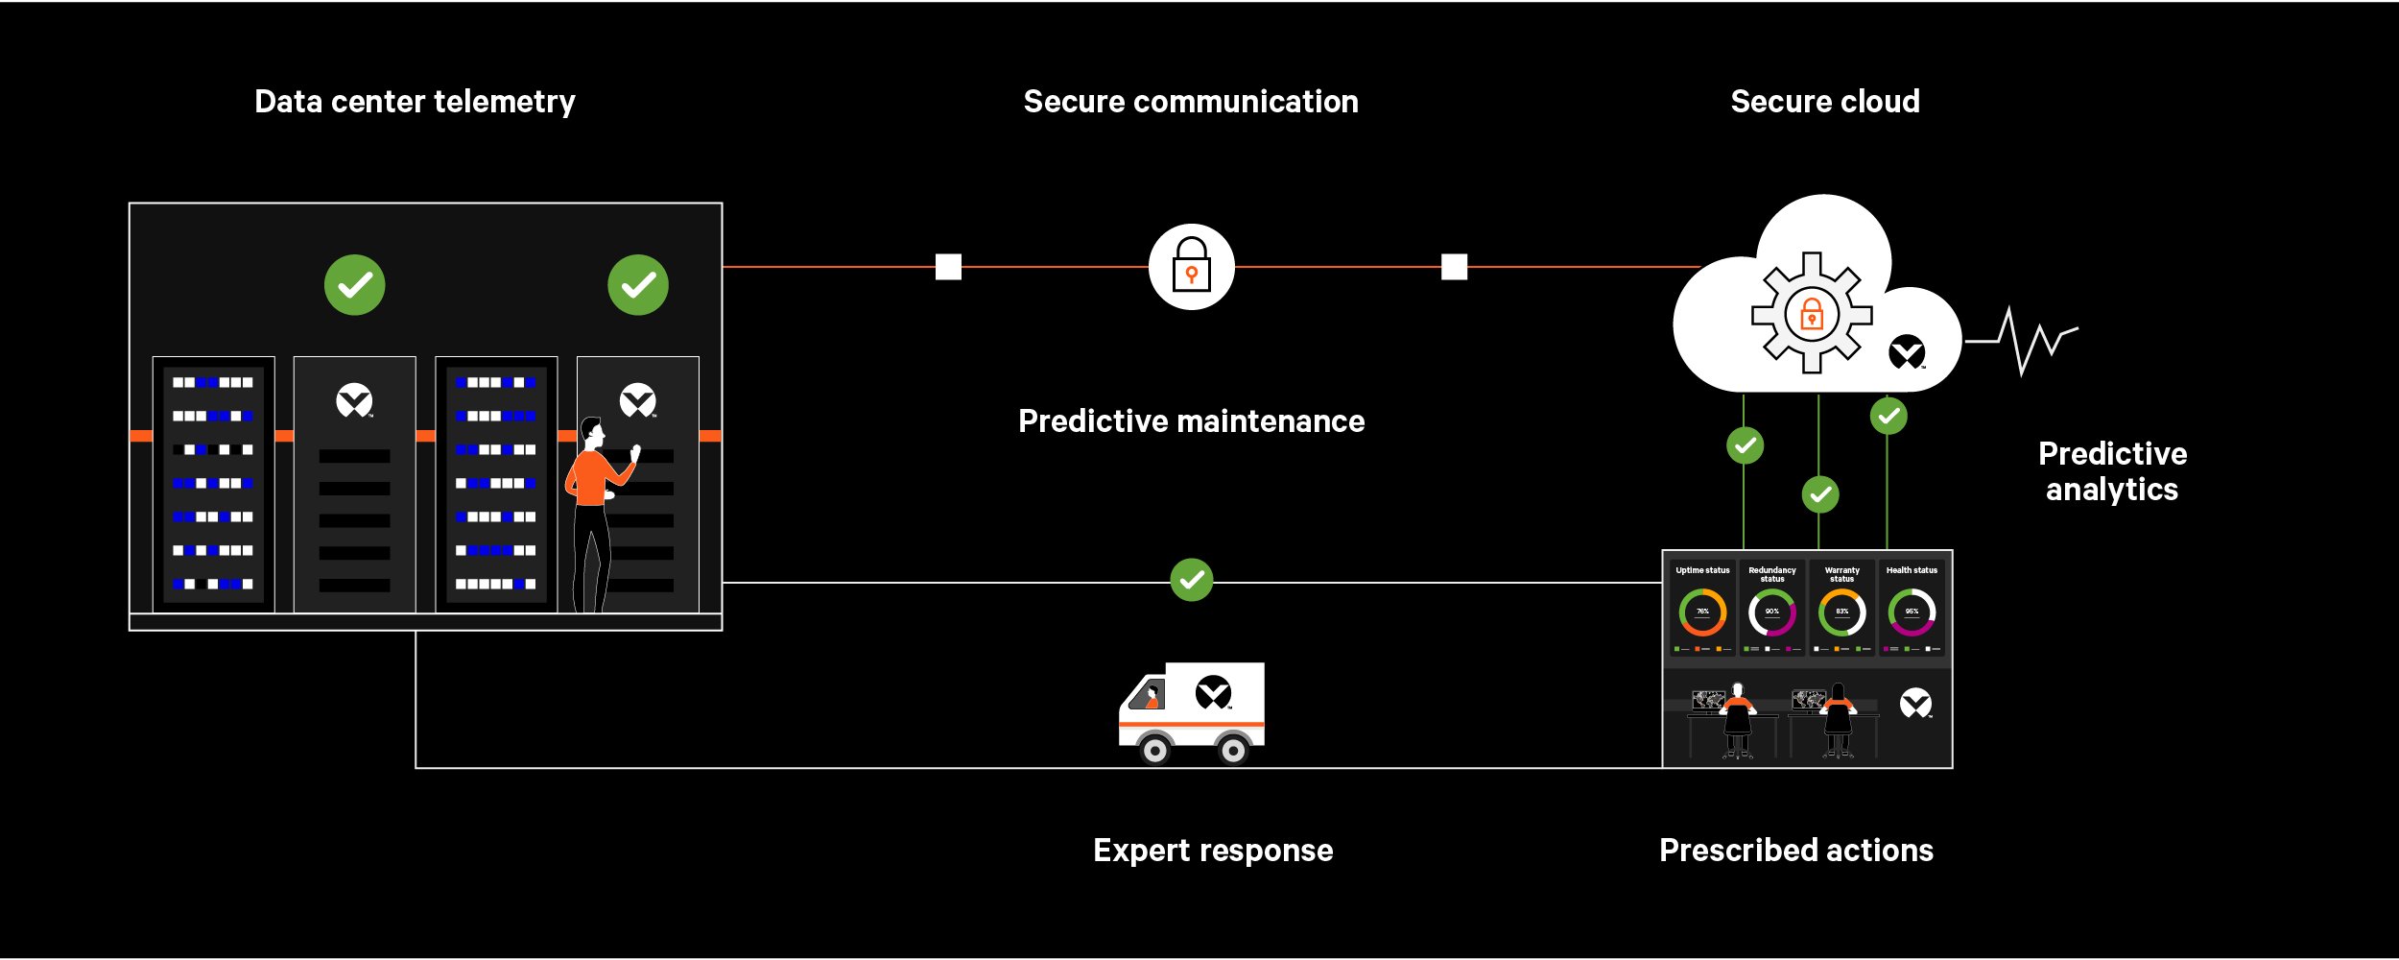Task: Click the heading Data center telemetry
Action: pos(415,102)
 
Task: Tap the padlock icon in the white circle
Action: pos(1191,266)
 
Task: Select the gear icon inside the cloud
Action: pos(1811,313)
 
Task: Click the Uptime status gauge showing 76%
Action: pos(1702,612)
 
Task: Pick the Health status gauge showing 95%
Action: pos(1912,612)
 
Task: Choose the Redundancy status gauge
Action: pos(1771,612)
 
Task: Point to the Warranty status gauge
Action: pos(1841,612)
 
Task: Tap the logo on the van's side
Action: pos(1213,691)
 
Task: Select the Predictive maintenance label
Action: pos(1191,421)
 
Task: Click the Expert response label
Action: pos(1213,851)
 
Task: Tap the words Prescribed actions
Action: pos(1795,851)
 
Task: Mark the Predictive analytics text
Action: pos(2112,471)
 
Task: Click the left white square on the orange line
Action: pos(948,267)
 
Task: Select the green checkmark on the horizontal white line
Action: pos(1192,580)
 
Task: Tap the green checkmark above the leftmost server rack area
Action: pos(354,285)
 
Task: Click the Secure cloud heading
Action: pos(1824,102)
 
